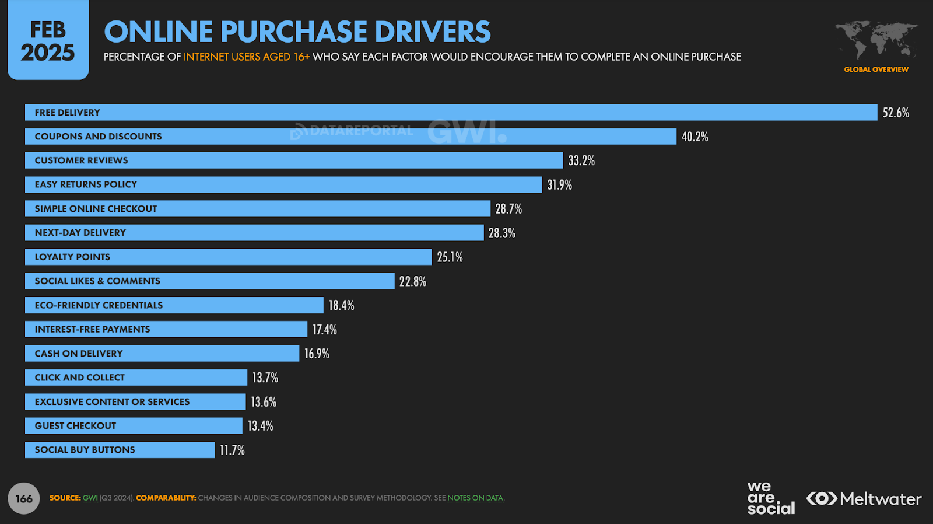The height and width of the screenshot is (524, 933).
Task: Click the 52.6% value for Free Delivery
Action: tap(895, 113)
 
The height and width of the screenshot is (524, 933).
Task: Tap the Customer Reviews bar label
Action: tap(81, 160)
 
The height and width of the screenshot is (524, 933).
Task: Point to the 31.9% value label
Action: tap(559, 185)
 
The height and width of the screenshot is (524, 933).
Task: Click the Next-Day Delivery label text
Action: tap(80, 233)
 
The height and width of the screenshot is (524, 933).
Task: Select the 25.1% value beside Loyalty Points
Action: tap(450, 257)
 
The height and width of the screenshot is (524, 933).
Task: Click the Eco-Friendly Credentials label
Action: tap(99, 305)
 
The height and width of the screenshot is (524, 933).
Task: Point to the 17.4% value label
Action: tap(324, 330)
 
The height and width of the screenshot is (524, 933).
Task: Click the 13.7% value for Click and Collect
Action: tap(265, 378)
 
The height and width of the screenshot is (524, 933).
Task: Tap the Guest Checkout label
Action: tap(75, 426)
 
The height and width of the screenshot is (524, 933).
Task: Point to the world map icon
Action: tap(876, 40)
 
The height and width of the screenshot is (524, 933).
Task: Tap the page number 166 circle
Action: tap(24, 498)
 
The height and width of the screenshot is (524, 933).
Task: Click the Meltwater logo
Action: tap(864, 499)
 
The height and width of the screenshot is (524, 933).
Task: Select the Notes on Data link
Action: tap(475, 498)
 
